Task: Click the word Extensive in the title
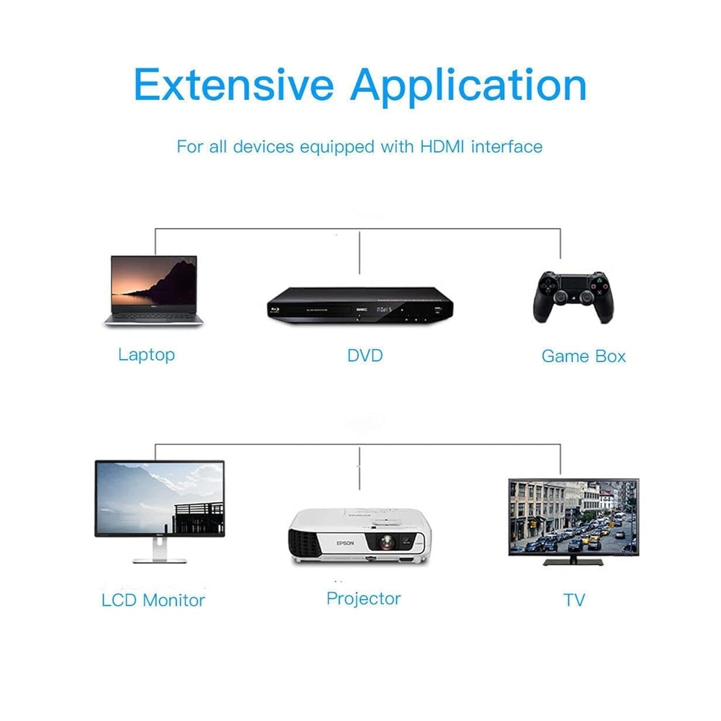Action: click(x=234, y=84)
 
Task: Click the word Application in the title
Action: click(x=469, y=87)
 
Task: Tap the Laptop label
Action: click(x=146, y=355)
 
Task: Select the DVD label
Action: click(x=365, y=355)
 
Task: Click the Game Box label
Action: click(x=583, y=356)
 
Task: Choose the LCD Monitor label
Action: click(x=153, y=600)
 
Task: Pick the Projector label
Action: click(x=363, y=599)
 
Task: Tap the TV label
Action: click(x=574, y=600)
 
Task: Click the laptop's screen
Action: click(x=154, y=281)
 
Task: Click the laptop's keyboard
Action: click(x=154, y=318)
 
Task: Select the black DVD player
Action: click(x=360, y=305)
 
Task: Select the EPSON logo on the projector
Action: click(x=345, y=543)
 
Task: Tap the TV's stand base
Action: click(x=573, y=562)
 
